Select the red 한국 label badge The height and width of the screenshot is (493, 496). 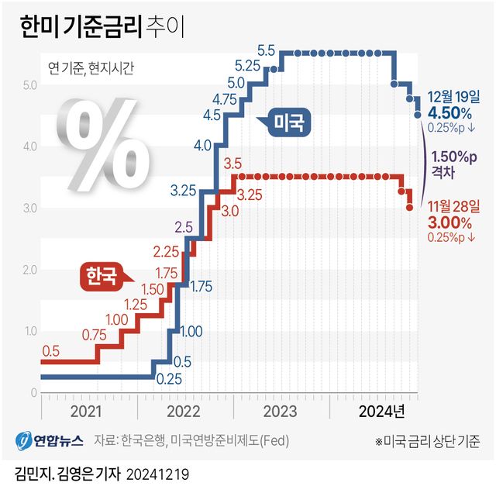click(104, 274)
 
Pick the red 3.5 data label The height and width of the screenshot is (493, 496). click(232, 164)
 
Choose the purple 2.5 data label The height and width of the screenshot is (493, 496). click(184, 227)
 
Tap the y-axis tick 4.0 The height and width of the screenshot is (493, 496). click(29, 146)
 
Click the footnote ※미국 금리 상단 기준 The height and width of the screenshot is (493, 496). click(427, 442)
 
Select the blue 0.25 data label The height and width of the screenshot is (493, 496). click(169, 380)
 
